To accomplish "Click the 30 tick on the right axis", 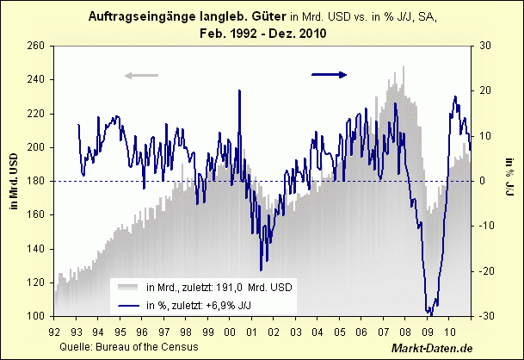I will click(x=484, y=46).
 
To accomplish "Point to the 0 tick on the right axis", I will click(x=482, y=181).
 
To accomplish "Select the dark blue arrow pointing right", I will click(x=329, y=75).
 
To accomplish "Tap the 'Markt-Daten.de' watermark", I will click(x=433, y=348).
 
